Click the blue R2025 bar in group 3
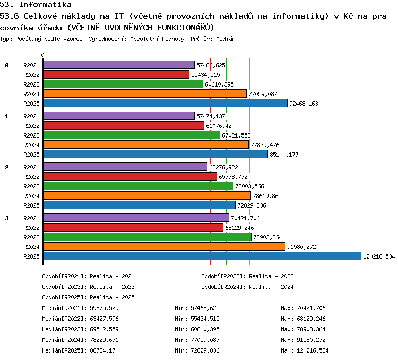(202, 256)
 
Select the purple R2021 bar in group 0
(119, 65)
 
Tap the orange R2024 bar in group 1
(146, 144)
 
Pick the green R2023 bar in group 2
(138, 186)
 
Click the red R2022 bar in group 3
(133, 227)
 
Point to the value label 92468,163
(304, 104)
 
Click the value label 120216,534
(379, 256)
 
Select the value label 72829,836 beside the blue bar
(252, 205)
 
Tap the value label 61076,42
(219, 126)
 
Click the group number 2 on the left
(7, 167)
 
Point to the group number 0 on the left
(7, 65)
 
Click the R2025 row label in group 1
(31, 155)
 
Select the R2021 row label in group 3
(31, 218)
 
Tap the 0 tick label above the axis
(42, 55)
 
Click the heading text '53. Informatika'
(36, 5)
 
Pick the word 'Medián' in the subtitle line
(226, 39)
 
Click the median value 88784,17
(102, 350)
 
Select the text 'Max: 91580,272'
(303, 340)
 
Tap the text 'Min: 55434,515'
(197, 319)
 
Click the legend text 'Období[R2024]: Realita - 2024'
(247, 287)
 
